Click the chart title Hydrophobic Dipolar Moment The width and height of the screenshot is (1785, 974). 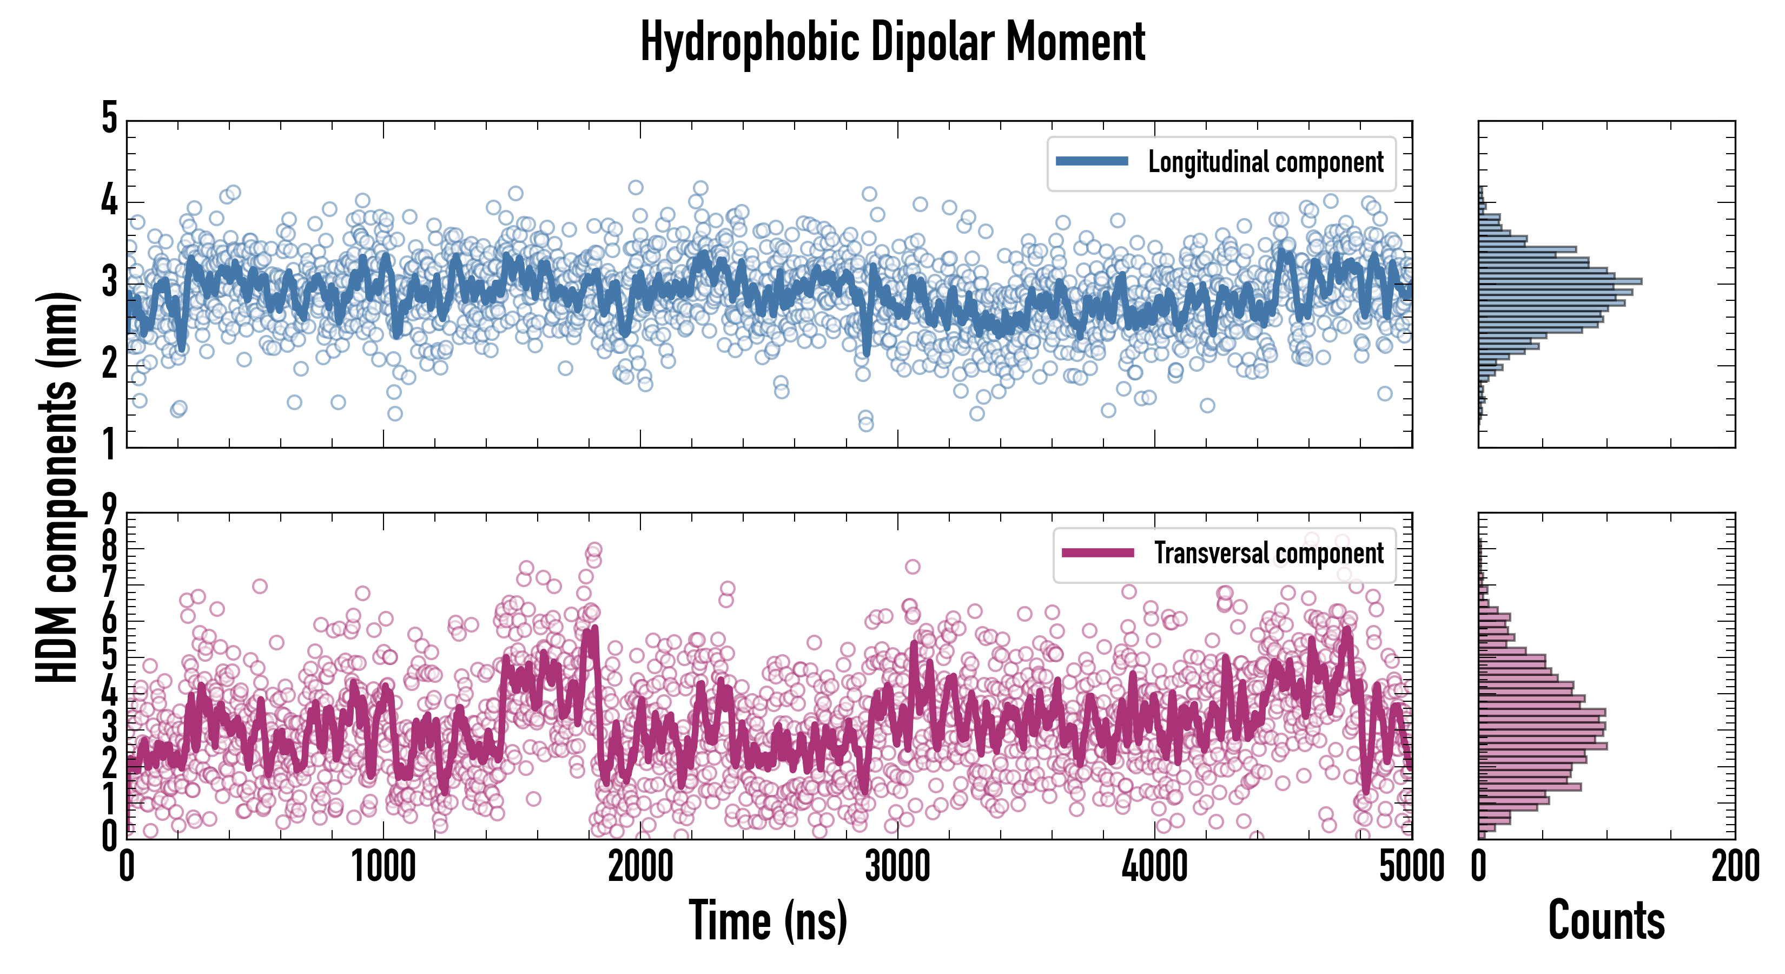892,42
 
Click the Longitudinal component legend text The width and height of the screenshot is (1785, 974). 1265,162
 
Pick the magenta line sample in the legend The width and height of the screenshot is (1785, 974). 1098,552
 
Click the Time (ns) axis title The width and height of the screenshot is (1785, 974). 768,920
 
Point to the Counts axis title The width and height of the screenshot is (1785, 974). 1606,920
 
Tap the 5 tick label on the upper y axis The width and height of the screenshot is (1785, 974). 109,118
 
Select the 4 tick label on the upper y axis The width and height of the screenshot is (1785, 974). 109,201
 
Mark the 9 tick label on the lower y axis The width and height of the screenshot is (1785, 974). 109,510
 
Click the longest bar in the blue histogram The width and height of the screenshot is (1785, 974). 1559,281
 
